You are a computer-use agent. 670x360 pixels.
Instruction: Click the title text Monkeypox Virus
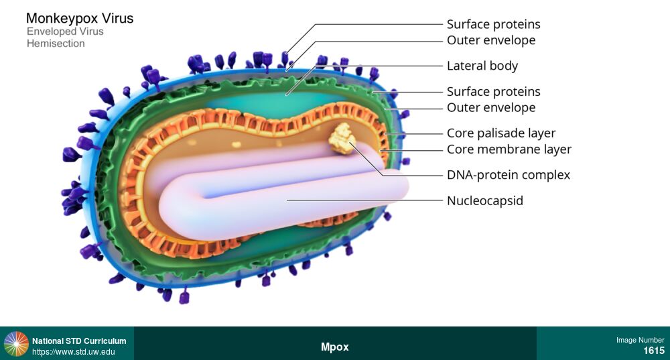(80, 18)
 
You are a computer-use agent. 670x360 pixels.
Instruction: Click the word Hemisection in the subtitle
(56, 44)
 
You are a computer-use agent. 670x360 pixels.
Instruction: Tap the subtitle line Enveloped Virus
(65, 32)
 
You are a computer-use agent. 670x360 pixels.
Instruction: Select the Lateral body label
(482, 66)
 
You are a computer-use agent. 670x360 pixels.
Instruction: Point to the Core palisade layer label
(501, 133)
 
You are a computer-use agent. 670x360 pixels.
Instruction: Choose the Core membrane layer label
(509, 149)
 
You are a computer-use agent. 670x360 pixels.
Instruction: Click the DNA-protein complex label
(509, 175)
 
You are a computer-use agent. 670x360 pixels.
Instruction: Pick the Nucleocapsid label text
(485, 200)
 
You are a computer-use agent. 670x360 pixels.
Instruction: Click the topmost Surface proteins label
(494, 24)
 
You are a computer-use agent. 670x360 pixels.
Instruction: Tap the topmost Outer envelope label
(491, 40)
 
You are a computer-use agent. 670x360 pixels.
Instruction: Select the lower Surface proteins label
(494, 91)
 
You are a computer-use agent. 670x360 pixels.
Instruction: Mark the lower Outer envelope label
(491, 107)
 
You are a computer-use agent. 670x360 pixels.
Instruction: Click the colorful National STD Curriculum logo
(16, 343)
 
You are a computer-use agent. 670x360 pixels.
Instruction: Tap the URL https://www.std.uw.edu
(74, 352)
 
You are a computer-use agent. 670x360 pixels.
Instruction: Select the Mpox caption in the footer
(335, 347)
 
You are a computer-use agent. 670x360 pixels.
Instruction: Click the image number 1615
(654, 351)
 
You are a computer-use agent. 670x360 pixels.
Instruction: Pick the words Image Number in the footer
(641, 340)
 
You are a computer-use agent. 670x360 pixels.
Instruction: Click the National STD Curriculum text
(79, 341)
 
